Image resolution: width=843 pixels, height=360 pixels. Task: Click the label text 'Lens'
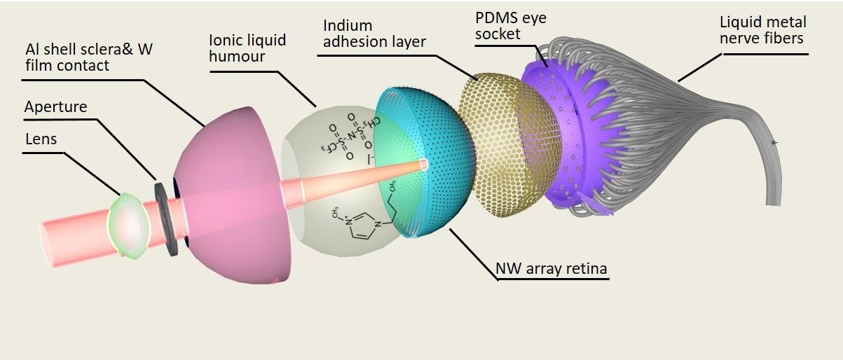coord(41,139)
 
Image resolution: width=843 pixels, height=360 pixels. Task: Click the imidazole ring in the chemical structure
coord(357,226)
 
